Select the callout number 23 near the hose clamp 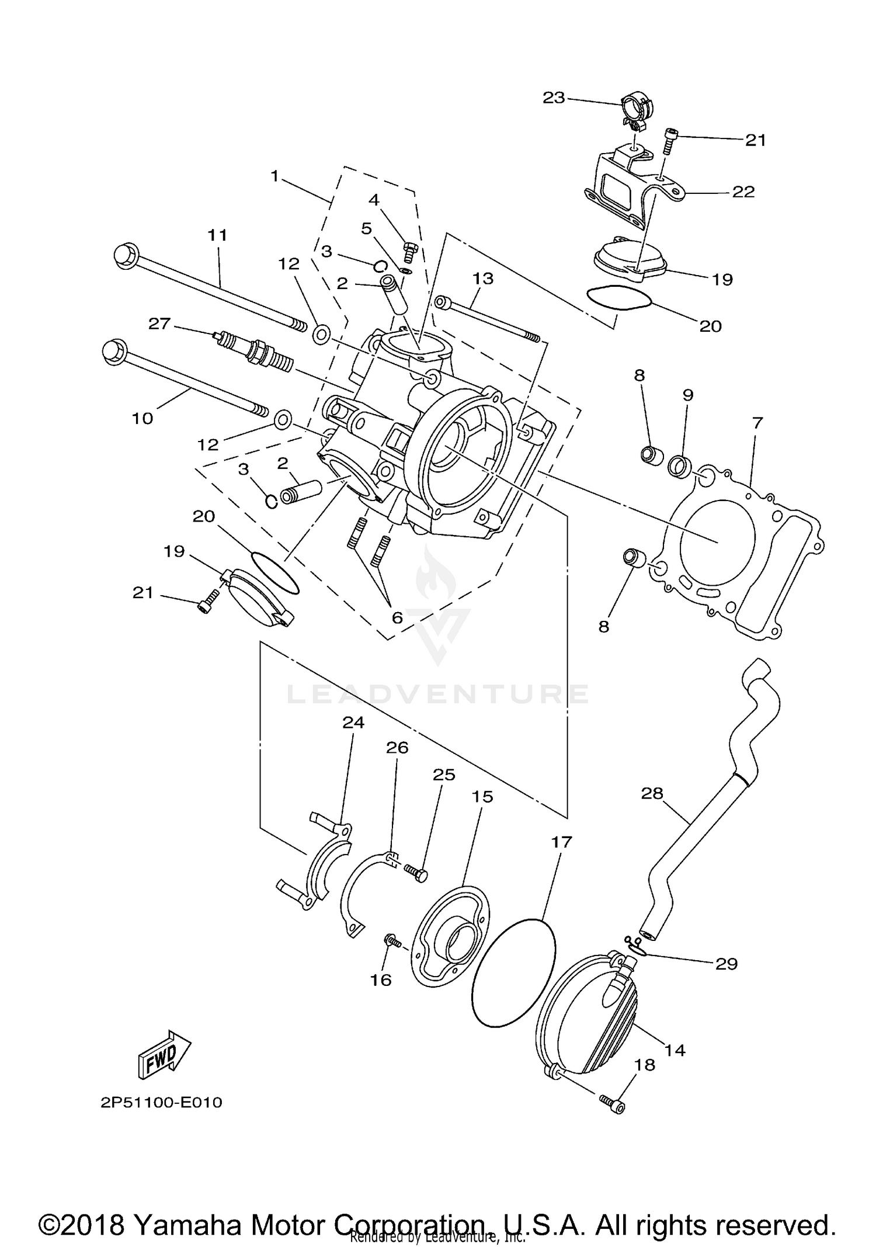[x=554, y=98]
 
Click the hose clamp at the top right [x=637, y=111]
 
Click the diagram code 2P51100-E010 [x=161, y=1103]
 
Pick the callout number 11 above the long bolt [x=217, y=235]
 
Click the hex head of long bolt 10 [x=114, y=353]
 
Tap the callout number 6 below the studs [x=397, y=617]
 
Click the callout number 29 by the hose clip [x=726, y=964]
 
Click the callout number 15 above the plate [x=482, y=797]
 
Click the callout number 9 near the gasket [x=688, y=395]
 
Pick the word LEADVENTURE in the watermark [x=438, y=694]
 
